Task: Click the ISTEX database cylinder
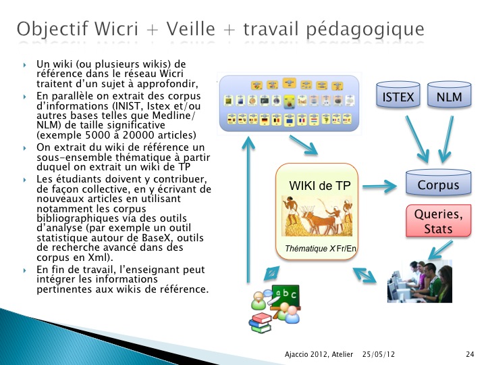[398, 95]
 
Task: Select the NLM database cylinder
[449, 95]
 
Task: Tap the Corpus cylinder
[438, 182]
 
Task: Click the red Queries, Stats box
[438, 220]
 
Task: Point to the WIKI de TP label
[319, 186]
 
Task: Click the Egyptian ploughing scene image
[317, 216]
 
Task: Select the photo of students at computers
[420, 281]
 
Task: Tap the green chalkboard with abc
[286, 297]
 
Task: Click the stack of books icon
[261, 323]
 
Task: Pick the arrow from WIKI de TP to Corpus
[379, 187]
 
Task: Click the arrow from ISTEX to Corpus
[417, 139]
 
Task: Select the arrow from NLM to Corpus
[447, 139]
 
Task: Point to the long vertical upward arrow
[248, 210]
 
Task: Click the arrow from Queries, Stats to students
[440, 250]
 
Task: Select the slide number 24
[470, 354]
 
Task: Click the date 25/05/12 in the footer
[379, 354]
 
